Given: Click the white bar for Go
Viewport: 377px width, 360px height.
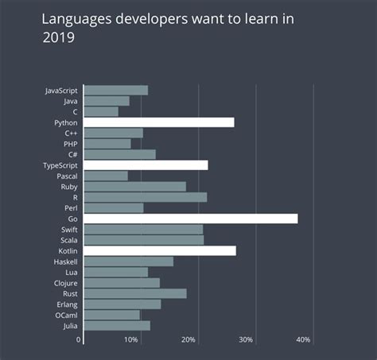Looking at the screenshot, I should tap(191, 219).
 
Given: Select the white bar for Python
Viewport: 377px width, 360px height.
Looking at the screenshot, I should tap(159, 122).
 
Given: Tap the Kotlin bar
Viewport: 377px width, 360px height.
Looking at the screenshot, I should tap(160, 250).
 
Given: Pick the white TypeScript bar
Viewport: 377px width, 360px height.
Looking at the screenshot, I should tap(146, 165).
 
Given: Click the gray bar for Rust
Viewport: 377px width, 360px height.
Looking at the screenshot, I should tap(135, 293).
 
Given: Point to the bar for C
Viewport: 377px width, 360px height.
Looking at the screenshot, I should tap(101, 111).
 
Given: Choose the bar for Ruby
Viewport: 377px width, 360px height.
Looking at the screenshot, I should tap(135, 186).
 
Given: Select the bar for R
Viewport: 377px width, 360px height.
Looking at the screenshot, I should tap(146, 197).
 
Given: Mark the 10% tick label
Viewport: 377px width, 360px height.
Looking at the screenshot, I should tap(131, 340).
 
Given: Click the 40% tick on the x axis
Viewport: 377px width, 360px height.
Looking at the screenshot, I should tap(303, 340).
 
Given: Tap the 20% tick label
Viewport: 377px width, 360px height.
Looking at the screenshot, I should tap(188, 340).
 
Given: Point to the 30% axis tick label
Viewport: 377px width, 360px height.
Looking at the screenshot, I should tap(246, 340).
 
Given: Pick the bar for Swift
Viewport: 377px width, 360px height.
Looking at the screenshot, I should tap(143, 229).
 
